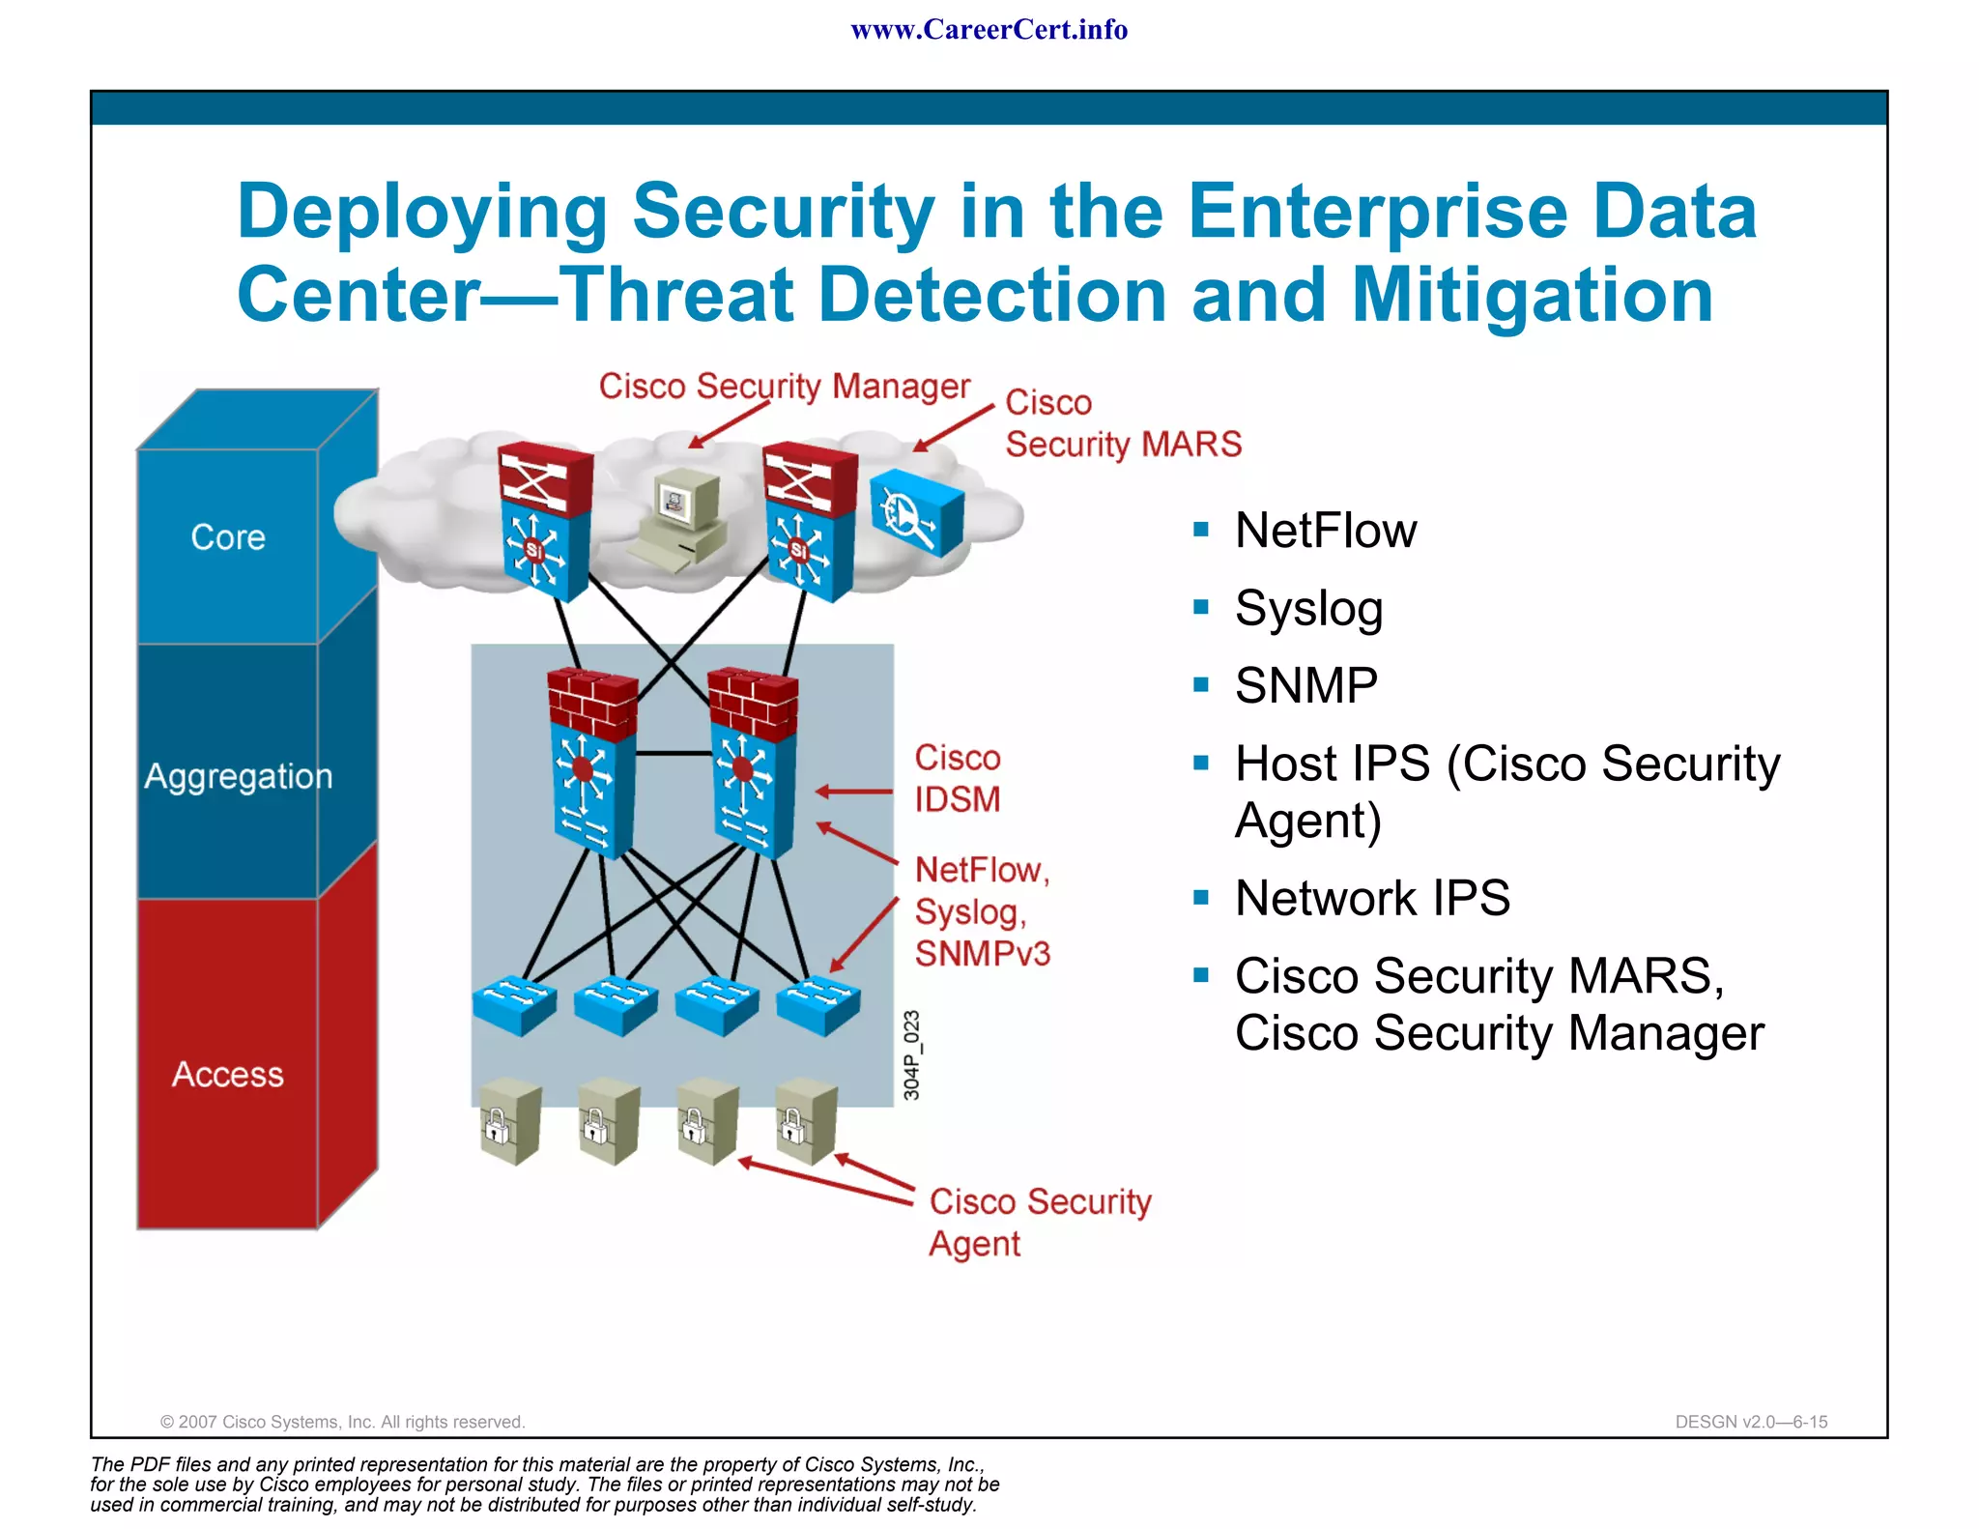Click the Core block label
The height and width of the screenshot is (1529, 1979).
pyautogui.click(x=228, y=537)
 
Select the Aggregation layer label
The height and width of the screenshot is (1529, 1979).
pyautogui.click(x=238, y=776)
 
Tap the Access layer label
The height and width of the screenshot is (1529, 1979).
pyautogui.click(x=228, y=1075)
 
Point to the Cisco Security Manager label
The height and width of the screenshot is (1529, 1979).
pyautogui.click(x=784, y=387)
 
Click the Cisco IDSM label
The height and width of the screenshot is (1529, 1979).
pyautogui.click(x=957, y=779)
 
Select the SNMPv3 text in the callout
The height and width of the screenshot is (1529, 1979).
pyautogui.click(x=982, y=954)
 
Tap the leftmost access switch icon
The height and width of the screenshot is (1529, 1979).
pyautogui.click(x=514, y=1005)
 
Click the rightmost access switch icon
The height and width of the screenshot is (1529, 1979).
pyautogui.click(x=818, y=1005)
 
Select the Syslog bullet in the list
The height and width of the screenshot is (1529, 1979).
pyautogui.click(x=1308, y=609)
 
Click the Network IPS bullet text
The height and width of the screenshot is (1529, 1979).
pyautogui.click(x=1372, y=898)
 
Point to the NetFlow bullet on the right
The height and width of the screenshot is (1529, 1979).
pyautogui.click(x=1325, y=531)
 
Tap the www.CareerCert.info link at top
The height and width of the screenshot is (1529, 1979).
pyautogui.click(x=989, y=30)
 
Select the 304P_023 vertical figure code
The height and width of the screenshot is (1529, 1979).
pyautogui.click(x=911, y=1055)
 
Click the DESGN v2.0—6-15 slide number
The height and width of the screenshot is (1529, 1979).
pyautogui.click(x=1750, y=1422)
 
